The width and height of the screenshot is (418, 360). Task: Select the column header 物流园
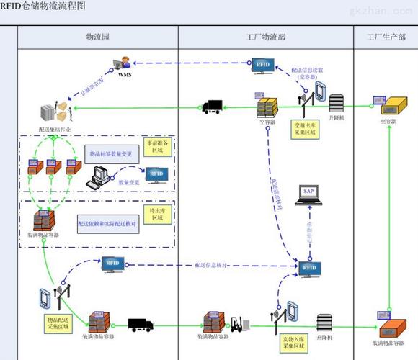[x=97, y=36]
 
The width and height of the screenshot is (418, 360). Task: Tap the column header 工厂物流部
[x=264, y=36]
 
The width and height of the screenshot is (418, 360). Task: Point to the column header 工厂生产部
[x=386, y=36]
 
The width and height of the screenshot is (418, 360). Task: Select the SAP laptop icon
[x=308, y=194]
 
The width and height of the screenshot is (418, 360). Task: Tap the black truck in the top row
[x=212, y=107]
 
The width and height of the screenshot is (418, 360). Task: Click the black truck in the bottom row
[x=140, y=325]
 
